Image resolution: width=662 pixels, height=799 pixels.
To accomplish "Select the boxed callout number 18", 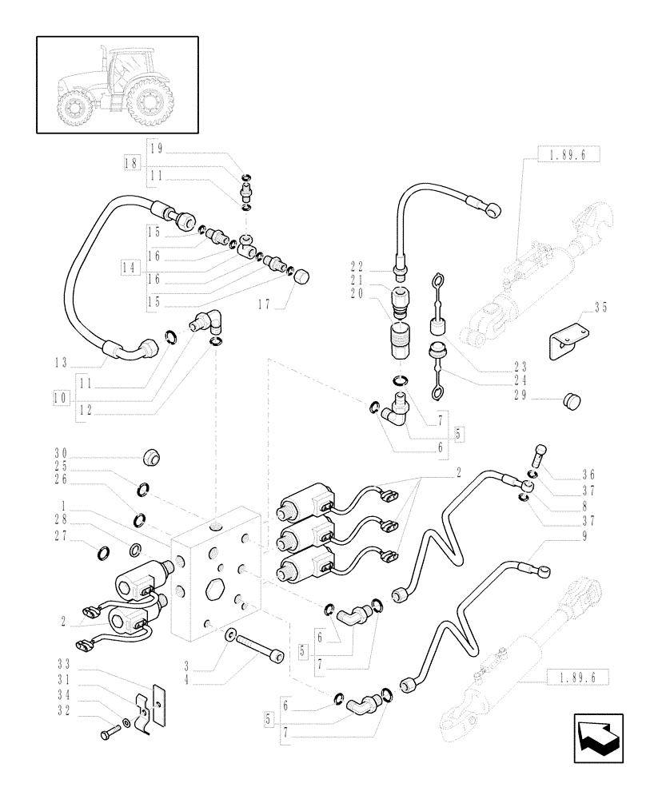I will click(132, 162).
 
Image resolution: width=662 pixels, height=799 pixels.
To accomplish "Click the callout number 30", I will click(61, 451).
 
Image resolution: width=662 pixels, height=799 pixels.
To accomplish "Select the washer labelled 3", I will click(230, 634).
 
